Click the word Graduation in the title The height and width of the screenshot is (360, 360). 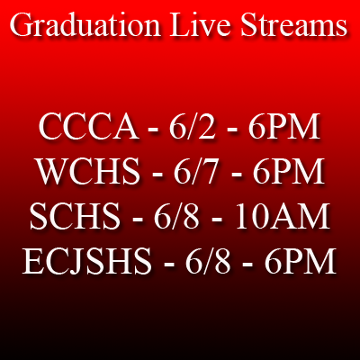tap(85, 25)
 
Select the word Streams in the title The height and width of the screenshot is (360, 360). tap(294, 25)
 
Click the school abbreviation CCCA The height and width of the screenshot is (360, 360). tap(89, 127)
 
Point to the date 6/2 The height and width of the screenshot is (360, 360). tap(193, 127)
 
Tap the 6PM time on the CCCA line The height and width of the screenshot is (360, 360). tap(283, 127)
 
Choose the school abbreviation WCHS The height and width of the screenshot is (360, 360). tap(88, 171)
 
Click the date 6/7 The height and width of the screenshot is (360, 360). tap(195, 171)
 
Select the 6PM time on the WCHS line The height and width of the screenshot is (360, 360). tap(288, 171)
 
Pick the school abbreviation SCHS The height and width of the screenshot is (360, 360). tap(75, 216)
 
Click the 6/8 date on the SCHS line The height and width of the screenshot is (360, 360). tap(176, 216)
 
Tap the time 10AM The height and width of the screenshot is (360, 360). tap(283, 216)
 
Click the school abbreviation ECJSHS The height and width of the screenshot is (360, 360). tap(87, 260)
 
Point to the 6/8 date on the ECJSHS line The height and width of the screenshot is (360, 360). tap(208, 260)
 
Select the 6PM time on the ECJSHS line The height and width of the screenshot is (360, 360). tap(300, 260)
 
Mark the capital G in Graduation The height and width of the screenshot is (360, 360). tap(22, 25)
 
